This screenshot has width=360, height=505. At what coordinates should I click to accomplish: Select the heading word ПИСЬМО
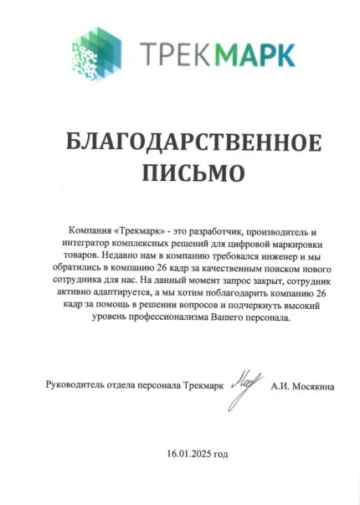(180, 173)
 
